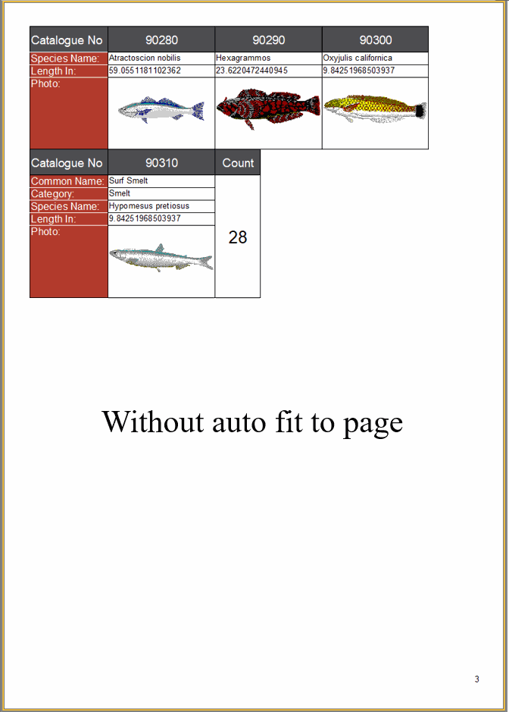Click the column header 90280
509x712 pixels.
click(x=161, y=40)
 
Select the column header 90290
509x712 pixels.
click(x=269, y=40)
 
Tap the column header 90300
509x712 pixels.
click(x=375, y=40)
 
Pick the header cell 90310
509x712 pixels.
click(x=161, y=162)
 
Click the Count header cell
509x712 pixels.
click(x=238, y=162)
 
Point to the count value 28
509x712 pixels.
click(x=238, y=237)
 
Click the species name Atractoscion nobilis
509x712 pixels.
click(x=145, y=58)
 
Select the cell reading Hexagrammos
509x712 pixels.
click(x=243, y=58)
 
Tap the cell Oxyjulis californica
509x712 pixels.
click(x=358, y=58)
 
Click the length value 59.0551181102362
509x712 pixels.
click(x=145, y=71)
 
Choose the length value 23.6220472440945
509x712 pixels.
click(x=251, y=71)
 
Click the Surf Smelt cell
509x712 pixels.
click(x=128, y=180)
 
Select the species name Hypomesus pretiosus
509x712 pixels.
click(x=149, y=206)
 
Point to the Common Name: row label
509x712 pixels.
click(x=67, y=181)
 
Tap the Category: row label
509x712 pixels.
click(x=52, y=194)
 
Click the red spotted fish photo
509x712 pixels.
click(x=268, y=109)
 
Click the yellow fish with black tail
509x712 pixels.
click(x=375, y=108)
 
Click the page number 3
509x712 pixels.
click(x=476, y=679)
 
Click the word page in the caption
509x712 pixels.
click(x=373, y=423)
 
